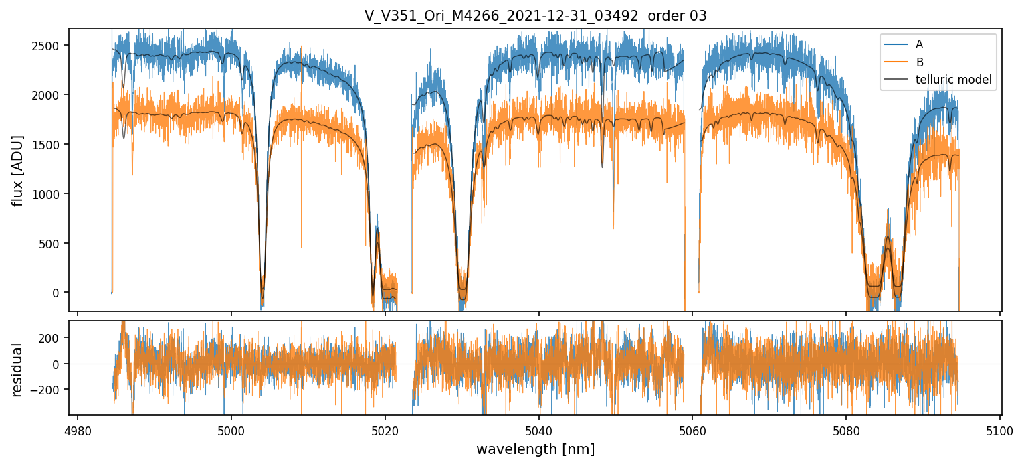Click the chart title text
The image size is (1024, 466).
click(x=535, y=16)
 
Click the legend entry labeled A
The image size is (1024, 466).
click(x=919, y=44)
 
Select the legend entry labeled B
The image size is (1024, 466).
click(x=919, y=63)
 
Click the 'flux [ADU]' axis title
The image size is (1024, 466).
click(x=18, y=170)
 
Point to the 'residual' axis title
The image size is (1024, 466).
click(x=18, y=370)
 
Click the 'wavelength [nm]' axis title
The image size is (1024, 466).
click(x=535, y=449)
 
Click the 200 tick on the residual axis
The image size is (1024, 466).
click(x=53, y=337)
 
